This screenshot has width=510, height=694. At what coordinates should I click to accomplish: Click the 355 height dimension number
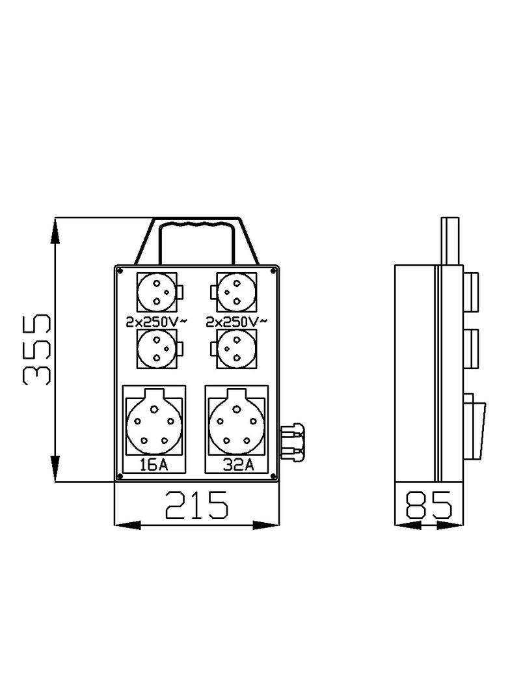point(37,350)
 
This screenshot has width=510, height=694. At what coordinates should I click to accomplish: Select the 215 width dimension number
point(196,505)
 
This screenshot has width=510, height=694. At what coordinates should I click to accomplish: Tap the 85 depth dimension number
point(429,505)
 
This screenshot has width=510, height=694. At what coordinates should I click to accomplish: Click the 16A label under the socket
point(154,464)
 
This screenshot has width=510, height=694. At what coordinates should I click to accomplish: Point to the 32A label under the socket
point(235,464)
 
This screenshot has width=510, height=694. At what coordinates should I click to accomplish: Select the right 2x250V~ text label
point(235,322)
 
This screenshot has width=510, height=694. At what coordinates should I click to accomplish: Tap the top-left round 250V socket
point(156,292)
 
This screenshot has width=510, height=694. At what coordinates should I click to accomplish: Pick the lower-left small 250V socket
point(156,348)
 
